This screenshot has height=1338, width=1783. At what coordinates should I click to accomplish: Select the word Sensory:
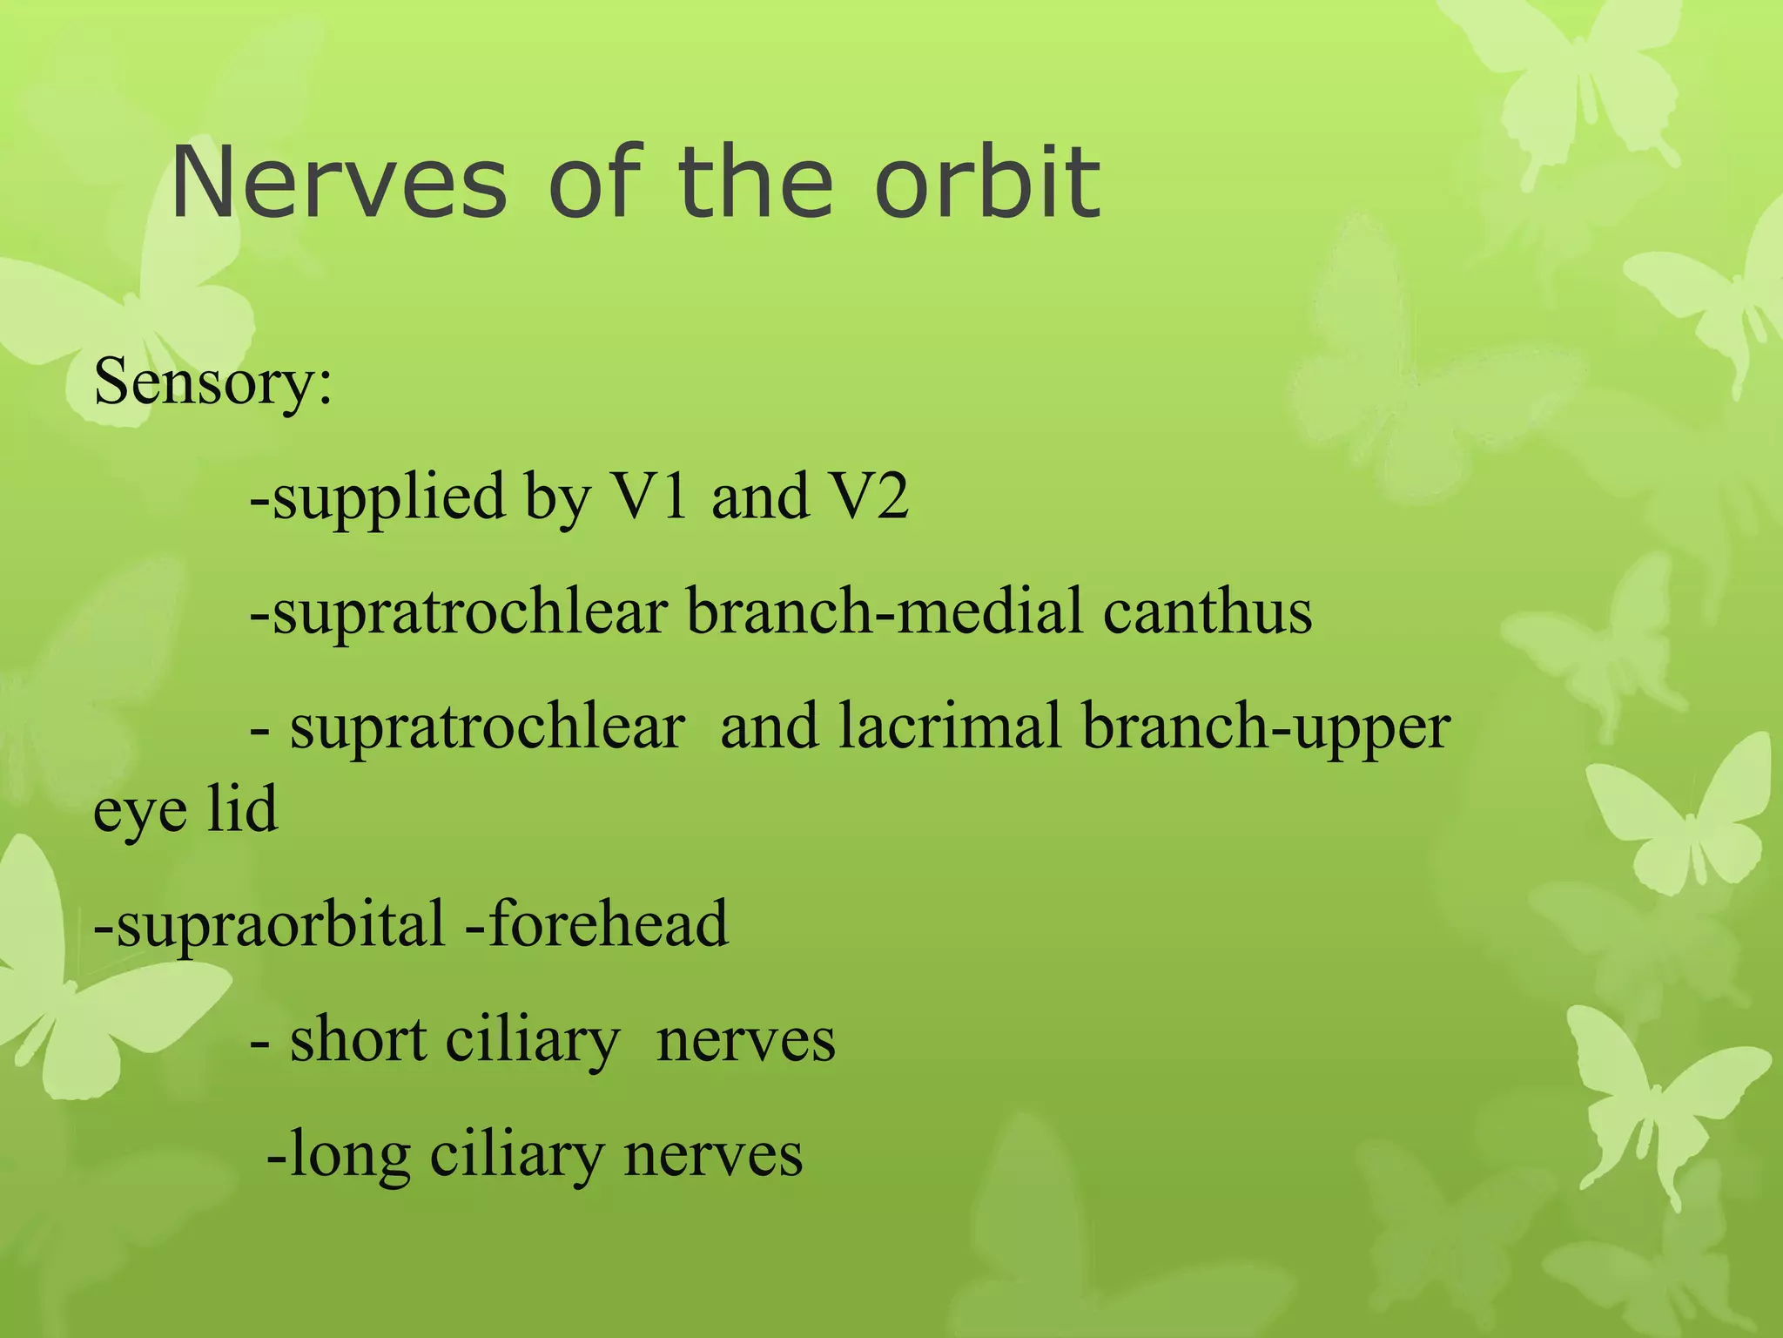(x=212, y=383)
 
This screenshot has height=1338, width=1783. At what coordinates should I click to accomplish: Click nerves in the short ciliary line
(x=745, y=1042)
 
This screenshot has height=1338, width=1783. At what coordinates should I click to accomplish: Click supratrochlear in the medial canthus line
(x=470, y=613)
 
